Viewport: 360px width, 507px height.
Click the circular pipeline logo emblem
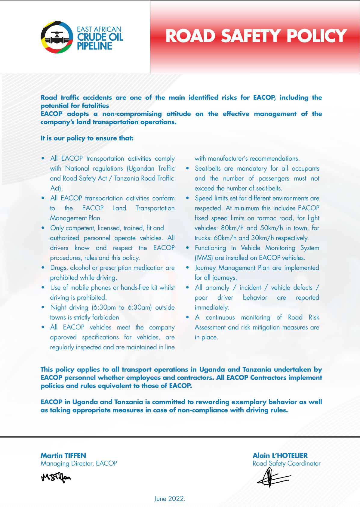[57, 37]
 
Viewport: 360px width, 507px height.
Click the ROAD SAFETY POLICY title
[256, 36]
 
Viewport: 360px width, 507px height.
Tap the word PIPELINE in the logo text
[94, 46]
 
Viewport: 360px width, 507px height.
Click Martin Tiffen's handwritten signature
[56, 478]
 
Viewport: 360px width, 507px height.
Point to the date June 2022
[170, 499]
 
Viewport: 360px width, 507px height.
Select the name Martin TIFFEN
[63, 455]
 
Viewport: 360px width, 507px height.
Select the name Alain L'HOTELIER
[280, 455]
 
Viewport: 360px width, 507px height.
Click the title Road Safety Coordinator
[286, 463]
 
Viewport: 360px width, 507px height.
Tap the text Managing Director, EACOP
[79, 463]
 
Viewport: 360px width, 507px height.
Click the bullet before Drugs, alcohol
[43, 267]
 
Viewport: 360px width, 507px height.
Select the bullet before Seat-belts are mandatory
[188, 168]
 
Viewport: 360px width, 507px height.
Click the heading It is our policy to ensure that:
[87, 138]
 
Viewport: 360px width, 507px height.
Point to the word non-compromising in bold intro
[132, 114]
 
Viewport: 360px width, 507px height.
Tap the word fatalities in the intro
[94, 106]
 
